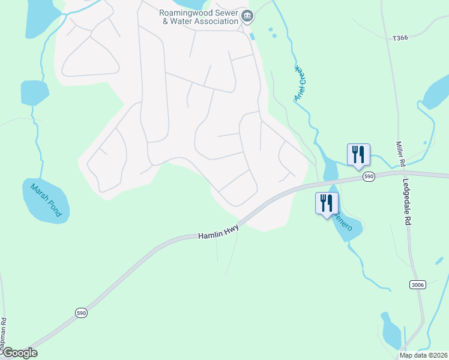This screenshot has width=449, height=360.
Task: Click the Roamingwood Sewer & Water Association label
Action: click(198, 17)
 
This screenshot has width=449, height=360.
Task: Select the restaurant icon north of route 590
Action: click(358, 154)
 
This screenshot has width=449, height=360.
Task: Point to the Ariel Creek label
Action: click(300, 84)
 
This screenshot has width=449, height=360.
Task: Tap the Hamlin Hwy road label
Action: click(218, 232)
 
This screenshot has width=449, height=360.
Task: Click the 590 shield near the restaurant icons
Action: click(369, 176)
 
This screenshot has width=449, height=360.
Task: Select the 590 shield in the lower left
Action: click(81, 313)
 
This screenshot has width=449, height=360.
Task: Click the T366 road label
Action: click(400, 38)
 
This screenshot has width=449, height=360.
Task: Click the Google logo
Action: click(19, 353)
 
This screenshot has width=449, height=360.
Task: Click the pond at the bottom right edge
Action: click(391, 332)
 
